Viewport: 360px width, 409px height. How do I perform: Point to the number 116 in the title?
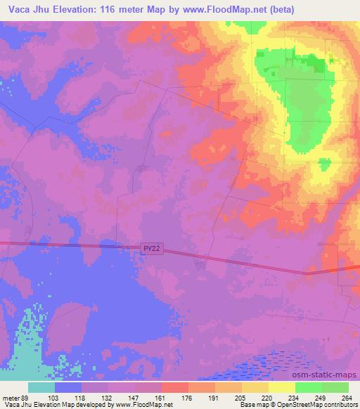[x=131, y=9]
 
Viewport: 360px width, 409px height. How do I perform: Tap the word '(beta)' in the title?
[x=281, y=9]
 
